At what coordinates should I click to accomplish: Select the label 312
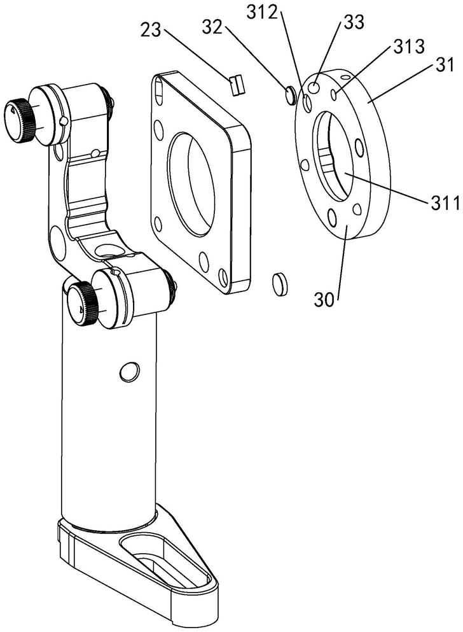click(x=263, y=13)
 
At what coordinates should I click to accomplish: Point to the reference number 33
click(x=354, y=22)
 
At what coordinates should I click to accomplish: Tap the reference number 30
click(x=324, y=300)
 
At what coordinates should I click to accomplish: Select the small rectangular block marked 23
click(x=237, y=84)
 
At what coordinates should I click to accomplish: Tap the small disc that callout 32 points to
click(x=290, y=95)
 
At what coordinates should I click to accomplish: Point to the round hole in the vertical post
click(x=130, y=371)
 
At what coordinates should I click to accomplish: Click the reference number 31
click(x=445, y=65)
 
